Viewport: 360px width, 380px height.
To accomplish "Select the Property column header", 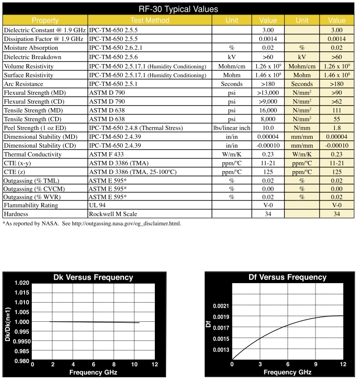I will (x=45, y=21).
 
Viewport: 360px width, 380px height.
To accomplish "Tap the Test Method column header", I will (x=149, y=21).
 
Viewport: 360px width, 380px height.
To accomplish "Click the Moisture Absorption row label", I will (x=31, y=48).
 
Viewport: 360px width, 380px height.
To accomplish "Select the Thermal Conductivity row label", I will (x=32, y=155).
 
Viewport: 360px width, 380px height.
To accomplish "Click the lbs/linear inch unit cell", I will (x=232, y=128).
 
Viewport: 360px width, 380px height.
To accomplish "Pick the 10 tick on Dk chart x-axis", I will (x=134, y=364).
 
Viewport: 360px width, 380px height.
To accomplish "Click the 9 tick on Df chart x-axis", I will (x=316, y=364).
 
